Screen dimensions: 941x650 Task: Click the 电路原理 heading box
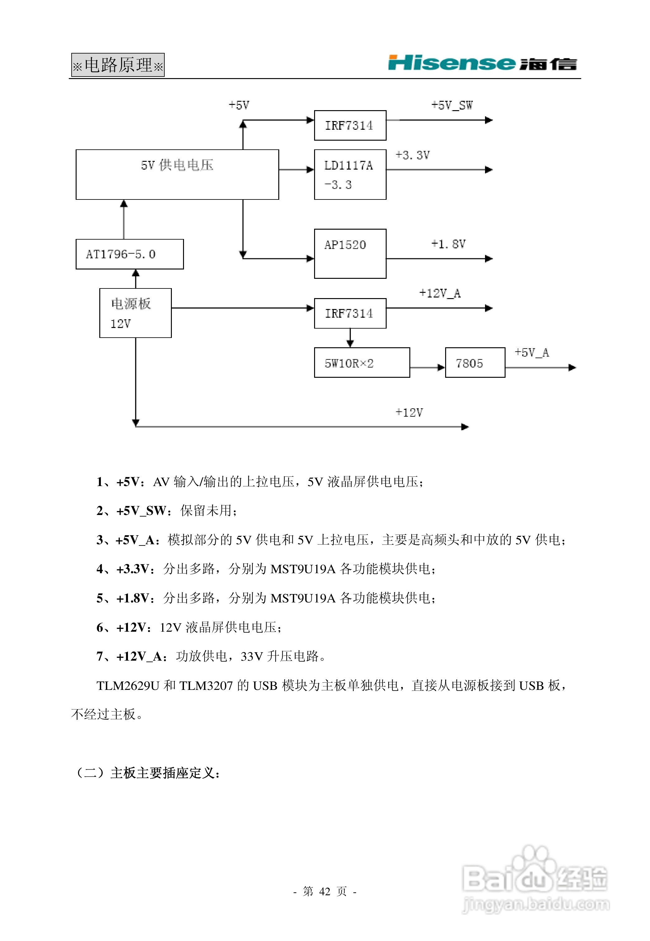coord(118,65)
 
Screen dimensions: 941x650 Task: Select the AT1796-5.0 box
coord(130,254)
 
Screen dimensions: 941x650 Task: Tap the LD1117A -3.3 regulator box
coord(350,174)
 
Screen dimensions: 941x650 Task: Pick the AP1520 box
coord(350,254)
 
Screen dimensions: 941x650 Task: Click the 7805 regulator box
coord(475,363)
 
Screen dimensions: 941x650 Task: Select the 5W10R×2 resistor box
coord(362,363)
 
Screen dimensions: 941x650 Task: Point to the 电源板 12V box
coord(135,313)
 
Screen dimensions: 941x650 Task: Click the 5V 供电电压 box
coord(177,174)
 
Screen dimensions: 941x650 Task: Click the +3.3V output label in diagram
coord(412,155)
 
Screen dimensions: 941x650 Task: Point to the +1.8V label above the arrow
coord(448,244)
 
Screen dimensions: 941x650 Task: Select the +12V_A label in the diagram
coord(440,293)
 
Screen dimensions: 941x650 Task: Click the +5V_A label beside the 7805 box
coord(531,353)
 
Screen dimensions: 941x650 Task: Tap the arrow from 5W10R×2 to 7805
coord(427,368)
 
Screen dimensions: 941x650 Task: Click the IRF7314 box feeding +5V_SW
coord(350,125)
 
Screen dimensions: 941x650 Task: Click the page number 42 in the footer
coord(325,891)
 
